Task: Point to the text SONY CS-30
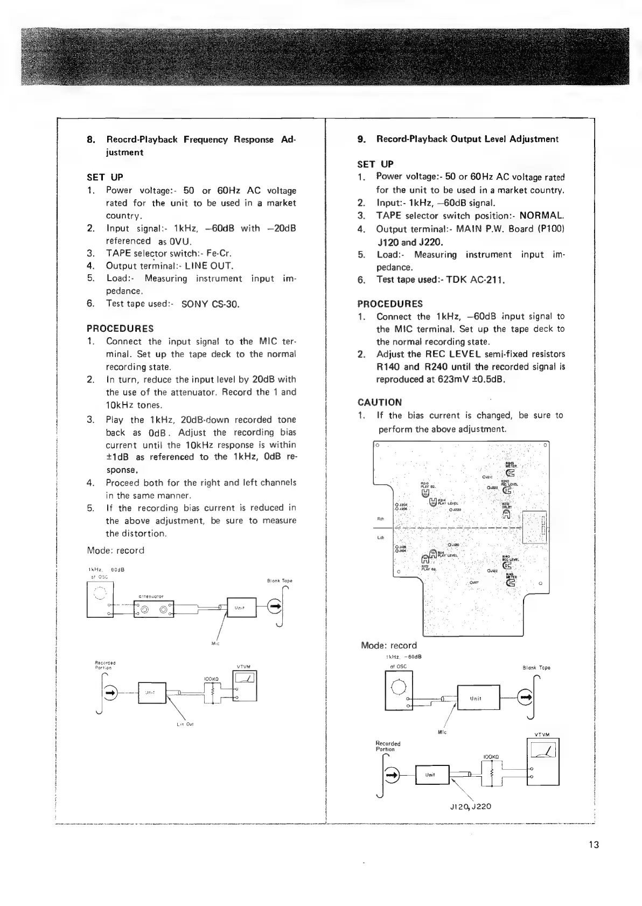click(210, 304)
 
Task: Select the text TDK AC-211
click(476, 280)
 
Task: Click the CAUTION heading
click(379, 402)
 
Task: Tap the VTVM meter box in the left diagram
click(245, 686)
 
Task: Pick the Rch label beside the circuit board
click(380, 519)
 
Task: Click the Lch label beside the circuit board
click(380, 537)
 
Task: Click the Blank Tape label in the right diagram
click(536, 667)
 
